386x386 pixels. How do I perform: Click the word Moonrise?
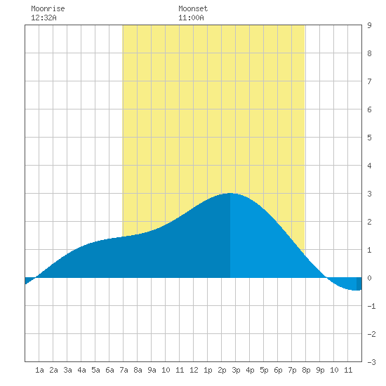[x=48, y=8]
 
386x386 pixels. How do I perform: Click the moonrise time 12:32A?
[x=44, y=18]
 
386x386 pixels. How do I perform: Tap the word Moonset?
[x=193, y=8]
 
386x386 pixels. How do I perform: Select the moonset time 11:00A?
[x=191, y=18]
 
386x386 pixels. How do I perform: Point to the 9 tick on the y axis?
[x=369, y=25]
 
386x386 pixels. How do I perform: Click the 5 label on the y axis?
[x=369, y=138]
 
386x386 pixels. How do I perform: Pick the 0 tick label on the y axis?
[x=369, y=278]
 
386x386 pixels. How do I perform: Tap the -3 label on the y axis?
[x=371, y=362]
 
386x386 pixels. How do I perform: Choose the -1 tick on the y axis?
[x=371, y=306]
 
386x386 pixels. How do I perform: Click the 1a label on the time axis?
[x=39, y=370]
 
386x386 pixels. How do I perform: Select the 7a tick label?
[x=124, y=370]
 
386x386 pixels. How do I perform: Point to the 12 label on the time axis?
[x=194, y=370]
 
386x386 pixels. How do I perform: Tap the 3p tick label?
[x=236, y=370]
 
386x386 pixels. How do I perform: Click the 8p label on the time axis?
[x=306, y=370]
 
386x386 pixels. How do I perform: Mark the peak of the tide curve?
[x=230, y=193]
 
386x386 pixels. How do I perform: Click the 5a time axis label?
[x=95, y=370]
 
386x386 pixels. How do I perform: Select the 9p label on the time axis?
[x=320, y=370]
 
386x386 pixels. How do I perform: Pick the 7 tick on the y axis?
[x=369, y=81]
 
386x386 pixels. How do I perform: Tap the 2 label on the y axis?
[x=369, y=222]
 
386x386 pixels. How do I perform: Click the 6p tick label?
[x=278, y=370]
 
